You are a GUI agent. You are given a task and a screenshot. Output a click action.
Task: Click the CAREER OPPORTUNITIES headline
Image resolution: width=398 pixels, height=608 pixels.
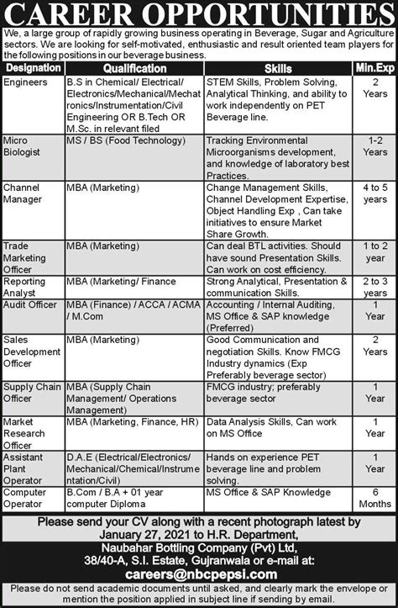point(199,13)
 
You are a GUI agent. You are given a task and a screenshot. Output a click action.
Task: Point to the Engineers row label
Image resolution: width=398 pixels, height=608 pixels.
point(26,83)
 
